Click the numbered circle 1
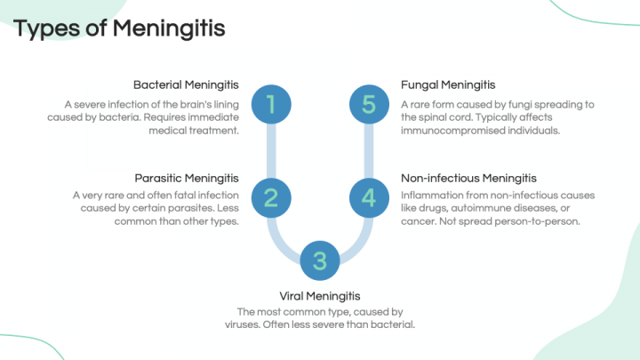[x=270, y=105]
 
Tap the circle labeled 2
[x=270, y=198]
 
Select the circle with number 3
[x=320, y=260]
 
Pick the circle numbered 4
[x=369, y=198]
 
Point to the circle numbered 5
[x=369, y=105]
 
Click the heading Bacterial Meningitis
[x=187, y=85]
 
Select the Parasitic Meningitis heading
[x=187, y=178]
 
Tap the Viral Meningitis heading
[x=320, y=295]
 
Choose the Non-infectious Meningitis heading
[x=468, y=178]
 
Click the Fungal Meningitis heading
[x=447, y=85]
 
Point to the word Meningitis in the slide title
[x=169, y=28]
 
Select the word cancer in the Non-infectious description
[x=419, y=221]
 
